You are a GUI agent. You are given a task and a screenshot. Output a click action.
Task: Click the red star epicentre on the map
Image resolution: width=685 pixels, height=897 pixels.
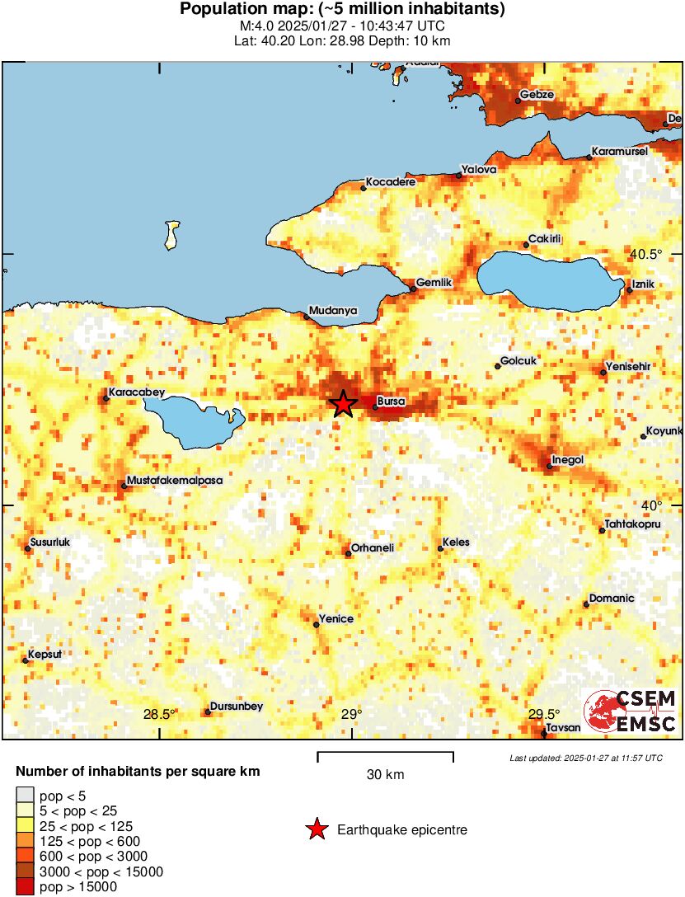343,403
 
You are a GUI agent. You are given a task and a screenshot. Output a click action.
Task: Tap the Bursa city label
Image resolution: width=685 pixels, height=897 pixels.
389,402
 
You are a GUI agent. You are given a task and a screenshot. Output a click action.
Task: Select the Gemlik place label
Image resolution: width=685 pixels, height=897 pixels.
435,283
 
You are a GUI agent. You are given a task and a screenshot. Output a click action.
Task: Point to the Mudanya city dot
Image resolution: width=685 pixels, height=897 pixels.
306,317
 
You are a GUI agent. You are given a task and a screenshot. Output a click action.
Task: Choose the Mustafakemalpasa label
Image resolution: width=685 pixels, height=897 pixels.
175,480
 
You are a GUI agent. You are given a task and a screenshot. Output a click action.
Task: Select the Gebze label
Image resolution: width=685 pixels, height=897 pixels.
537,95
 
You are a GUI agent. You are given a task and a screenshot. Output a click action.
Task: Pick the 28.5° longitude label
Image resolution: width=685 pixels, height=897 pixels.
159,715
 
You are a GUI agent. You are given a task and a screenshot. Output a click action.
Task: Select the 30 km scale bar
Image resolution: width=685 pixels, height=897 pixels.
385,754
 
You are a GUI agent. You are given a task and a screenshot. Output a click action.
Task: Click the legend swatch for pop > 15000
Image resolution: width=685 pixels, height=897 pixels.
25,887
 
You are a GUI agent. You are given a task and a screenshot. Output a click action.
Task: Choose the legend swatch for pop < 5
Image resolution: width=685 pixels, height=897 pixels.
25,796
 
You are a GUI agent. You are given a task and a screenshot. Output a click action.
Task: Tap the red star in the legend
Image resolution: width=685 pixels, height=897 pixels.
316,829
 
